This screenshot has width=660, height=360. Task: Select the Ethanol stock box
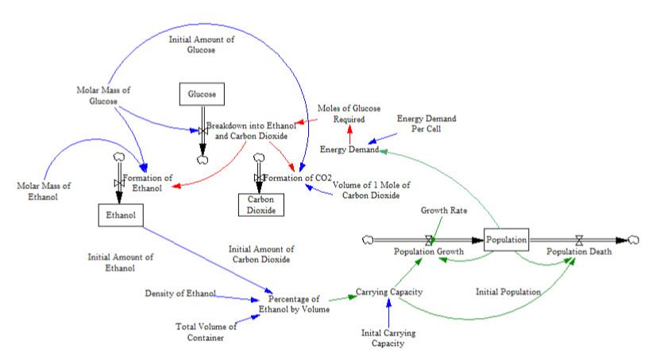coord(116,214)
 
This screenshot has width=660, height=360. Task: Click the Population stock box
coord(506,238)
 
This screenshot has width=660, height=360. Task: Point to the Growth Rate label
coord(443,212)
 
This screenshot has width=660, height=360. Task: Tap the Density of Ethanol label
coord(180,294)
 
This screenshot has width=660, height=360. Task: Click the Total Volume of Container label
coord(206,332)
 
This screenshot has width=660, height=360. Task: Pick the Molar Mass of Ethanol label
coord(44,192)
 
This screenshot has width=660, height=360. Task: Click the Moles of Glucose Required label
coord(349,114)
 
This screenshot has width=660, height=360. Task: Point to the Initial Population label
coord(508,292)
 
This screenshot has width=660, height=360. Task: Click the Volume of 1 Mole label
coord(365,190)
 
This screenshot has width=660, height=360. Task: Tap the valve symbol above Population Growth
coord(430,238)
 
